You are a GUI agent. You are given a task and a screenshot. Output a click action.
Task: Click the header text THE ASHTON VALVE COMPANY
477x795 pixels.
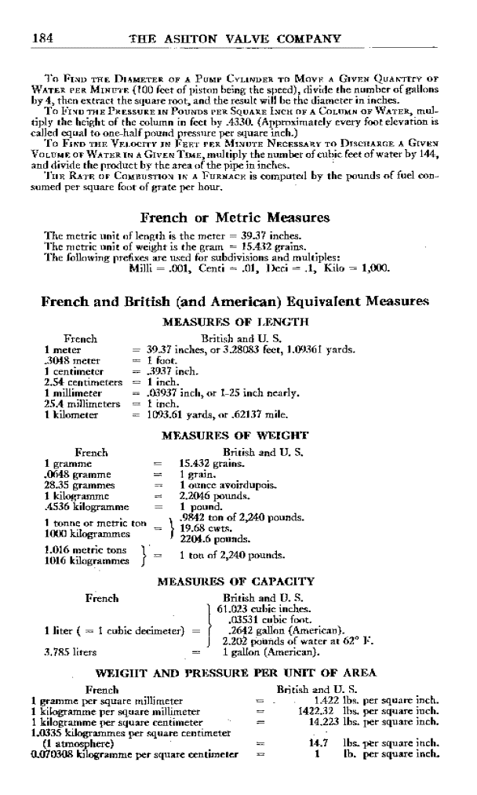tap(238, 38)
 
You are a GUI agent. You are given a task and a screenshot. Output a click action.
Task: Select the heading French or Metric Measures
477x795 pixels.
tap(234, 217)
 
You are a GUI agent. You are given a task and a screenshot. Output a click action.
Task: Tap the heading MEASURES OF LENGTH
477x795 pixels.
tap(235, 321)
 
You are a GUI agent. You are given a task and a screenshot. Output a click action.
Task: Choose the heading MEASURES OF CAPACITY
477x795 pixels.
tap(236, 582)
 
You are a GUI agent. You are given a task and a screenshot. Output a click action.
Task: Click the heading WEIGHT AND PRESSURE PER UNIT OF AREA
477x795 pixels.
tap(235, 673)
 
